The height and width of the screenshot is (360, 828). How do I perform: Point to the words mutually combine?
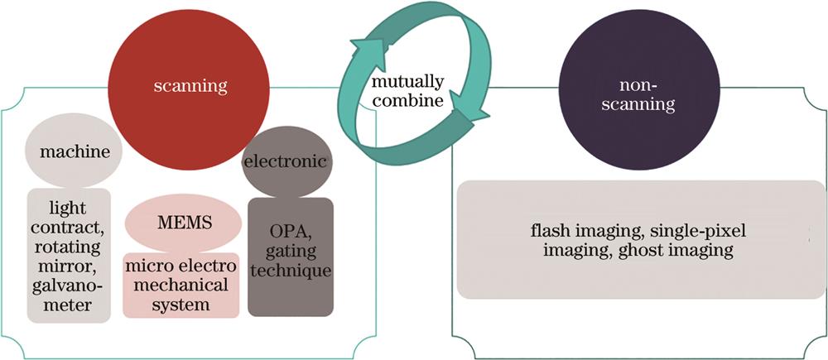coord(407,93)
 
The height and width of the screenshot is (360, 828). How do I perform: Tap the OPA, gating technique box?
coord(290,256)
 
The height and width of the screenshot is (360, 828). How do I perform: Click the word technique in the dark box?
coord(290,271)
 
